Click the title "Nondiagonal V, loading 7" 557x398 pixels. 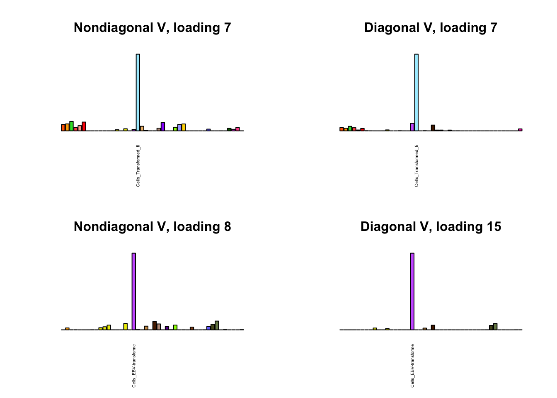pyautogui.click(x=152, y=28)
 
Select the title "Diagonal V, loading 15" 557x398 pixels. pyautogui.click(x=431, y=227)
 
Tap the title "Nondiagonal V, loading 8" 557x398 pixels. pyautogui.click(x=152, y=227)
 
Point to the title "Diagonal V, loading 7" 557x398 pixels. pyautogui.click(x=431, y=28)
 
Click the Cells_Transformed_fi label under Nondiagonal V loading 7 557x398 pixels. pyautogui.click(x=138, y=166)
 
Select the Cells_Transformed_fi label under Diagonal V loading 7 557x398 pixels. pyautogui.click(x=417, y=166)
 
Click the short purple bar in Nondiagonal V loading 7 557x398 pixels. pyautogui.click(x=163, y=126)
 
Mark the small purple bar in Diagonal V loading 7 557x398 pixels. pyautogui.click(x=412, y=127)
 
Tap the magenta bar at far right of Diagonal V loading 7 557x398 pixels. pyautogui.click(x=520, y=129)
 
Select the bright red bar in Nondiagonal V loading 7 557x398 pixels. pyautogui.click(x=84, y=126)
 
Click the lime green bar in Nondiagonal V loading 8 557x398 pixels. pyautogui.click(x=175, y=327)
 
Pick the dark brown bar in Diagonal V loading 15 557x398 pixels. pyautogui.click(x=433, y=327)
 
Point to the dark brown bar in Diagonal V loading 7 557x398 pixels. pyautogui.click(x=433, y=128)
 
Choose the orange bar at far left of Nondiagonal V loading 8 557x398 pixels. pyautogui.click(x=67, y=329)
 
